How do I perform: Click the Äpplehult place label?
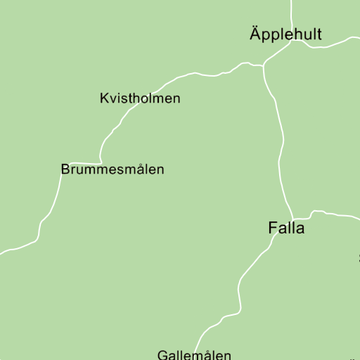click(285, 34)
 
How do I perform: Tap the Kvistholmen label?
click(140, 98)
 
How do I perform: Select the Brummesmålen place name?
click(112, 169)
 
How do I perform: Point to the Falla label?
click(286, 228)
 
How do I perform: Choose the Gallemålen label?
click(194, 355)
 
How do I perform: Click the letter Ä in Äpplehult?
click(255, 33)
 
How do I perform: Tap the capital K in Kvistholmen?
click(105, 98)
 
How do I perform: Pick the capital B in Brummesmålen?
click(65, 169)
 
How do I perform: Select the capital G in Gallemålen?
click(162, 355)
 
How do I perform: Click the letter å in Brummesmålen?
click(136, 169)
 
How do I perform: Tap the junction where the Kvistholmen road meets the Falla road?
click(264, 66)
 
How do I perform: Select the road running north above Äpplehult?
click(291, 11)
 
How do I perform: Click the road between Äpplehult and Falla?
click(282, 141)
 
